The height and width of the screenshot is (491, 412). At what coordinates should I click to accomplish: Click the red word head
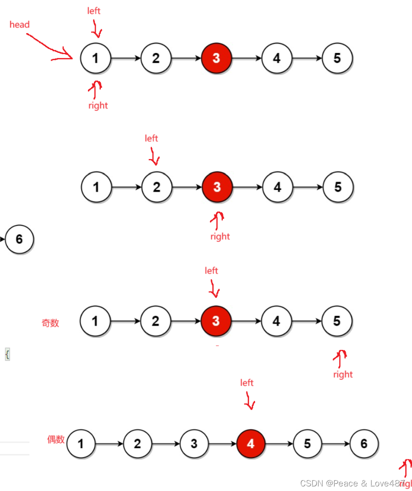(x=19, y=25)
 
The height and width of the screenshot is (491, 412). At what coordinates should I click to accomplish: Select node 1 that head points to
(x=96, y=58)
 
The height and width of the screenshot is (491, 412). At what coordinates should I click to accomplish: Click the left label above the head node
(x=94, y=11)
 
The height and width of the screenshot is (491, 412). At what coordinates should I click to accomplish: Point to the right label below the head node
(x=98, y=106)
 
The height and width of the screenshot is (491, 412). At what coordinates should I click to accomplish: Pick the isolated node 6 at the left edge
(x=19, y=239)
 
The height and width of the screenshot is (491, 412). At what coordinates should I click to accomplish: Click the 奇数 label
(x=50, y=323)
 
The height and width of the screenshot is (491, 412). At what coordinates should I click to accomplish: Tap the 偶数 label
(x=56, y=440)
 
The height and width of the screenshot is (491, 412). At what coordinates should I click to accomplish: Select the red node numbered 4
(x=251, y=444)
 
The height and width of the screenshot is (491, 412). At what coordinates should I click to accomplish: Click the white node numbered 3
(x=194, y=444)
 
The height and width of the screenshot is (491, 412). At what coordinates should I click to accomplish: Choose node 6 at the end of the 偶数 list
(x=364, y=444)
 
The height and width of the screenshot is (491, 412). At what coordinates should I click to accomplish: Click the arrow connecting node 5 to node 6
(x=336, y=444)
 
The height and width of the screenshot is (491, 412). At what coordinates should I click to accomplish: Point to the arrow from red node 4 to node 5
(x=279, y=444)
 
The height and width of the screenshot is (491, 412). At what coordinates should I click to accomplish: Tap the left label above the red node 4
(x=247, y=383)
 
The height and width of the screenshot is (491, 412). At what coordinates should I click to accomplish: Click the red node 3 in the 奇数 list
(x=216, y=321)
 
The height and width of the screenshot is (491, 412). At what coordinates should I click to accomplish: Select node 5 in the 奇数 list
(x=337, y=321)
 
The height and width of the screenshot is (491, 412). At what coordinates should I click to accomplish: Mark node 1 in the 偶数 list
(x=81, y=444)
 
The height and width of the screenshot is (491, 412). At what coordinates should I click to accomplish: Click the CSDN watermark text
(x=353, y=483)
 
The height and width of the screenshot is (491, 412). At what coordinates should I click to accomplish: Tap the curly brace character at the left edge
(x=7, y=354)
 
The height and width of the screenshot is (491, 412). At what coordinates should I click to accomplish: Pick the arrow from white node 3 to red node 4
(x=222, y=444)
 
